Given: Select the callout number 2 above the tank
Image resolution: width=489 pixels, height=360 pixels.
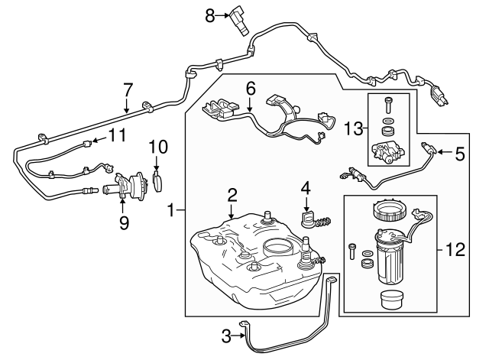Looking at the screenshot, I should tap(231, 195).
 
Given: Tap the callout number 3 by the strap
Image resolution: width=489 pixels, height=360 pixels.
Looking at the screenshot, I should tap(225, 334).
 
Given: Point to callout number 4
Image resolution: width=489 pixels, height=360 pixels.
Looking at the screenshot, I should tap(306, 186).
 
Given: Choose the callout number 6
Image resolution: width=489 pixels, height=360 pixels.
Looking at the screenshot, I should tap(250, 89).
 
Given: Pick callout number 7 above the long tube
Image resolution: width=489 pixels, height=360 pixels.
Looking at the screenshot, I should tap(128, 89).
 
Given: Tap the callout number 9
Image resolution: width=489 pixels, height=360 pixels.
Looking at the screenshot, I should tap(124, 224).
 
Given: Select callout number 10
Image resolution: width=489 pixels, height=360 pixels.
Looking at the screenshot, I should tap(157, 145).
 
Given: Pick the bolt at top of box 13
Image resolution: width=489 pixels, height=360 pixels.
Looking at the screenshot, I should tap(389, 103).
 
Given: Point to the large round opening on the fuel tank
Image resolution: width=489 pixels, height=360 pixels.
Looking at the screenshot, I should tap(277, 248).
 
